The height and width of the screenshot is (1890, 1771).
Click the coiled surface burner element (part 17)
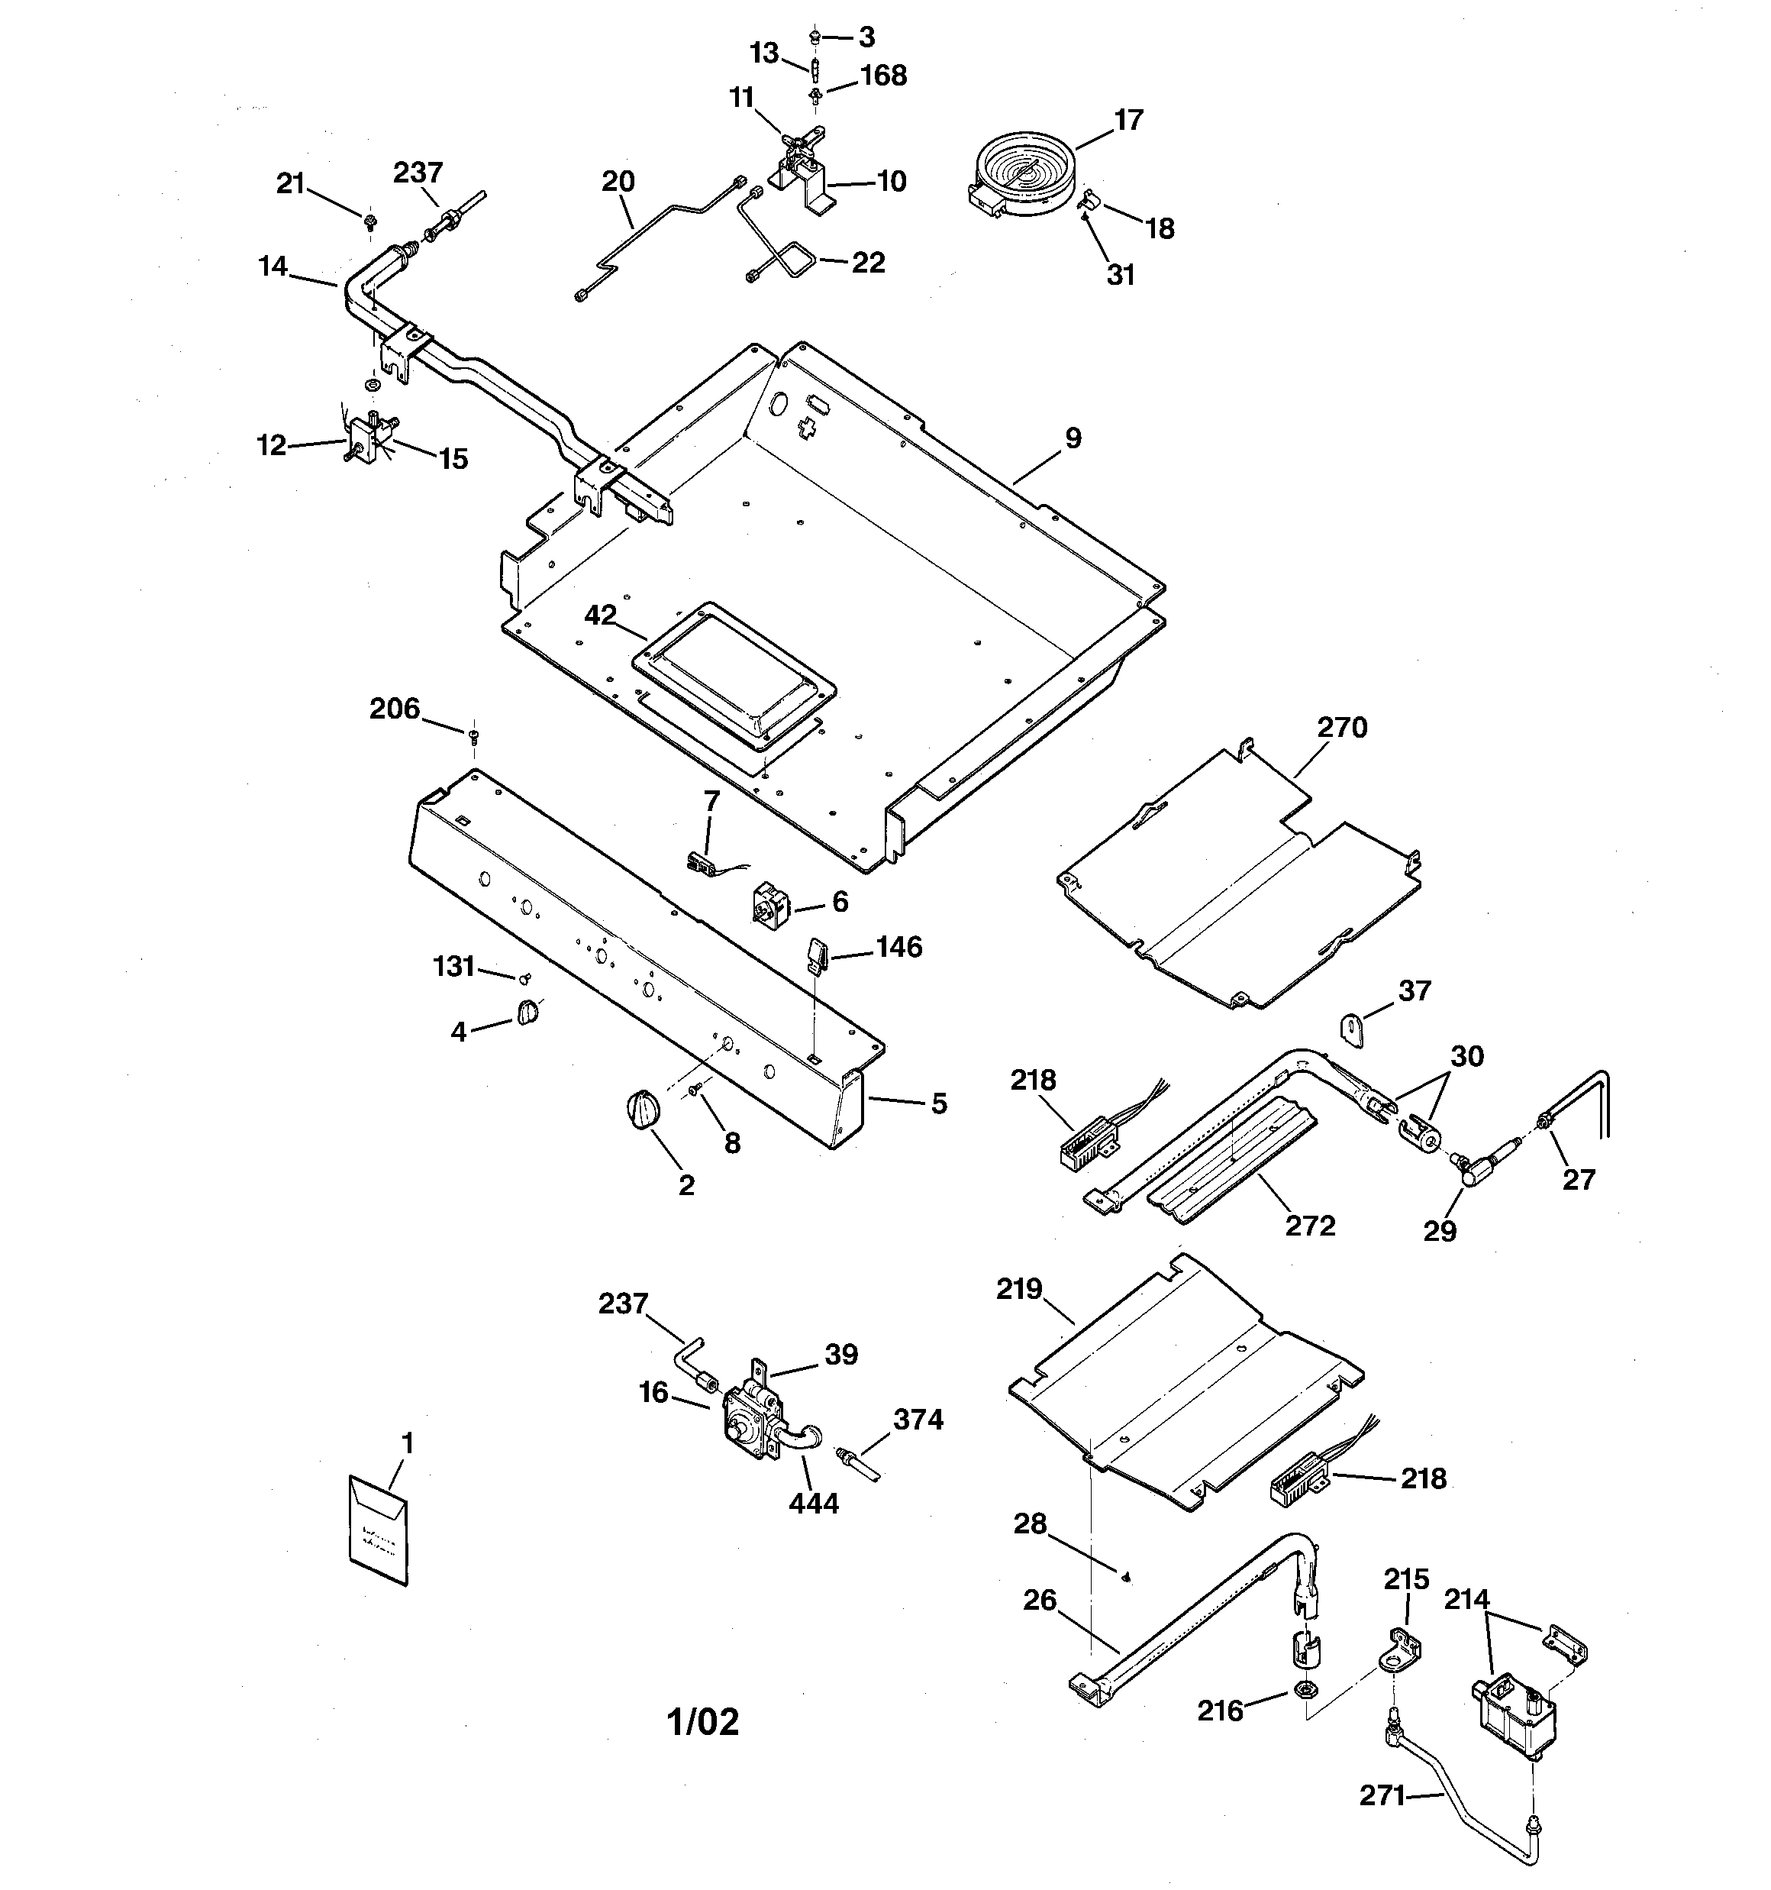click(x=1024, y=171)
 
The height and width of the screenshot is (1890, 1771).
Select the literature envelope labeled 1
click(x=379, y=1530)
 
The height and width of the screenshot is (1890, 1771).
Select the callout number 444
click(x=814, y=1503)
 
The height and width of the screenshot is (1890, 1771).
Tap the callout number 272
click(x=1310, y=1226)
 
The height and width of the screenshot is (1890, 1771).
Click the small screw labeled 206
click(x=473, y=734)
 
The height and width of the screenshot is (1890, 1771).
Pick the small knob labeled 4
click(x=527, y=1013)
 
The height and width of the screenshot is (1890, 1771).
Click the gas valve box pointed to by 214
click(x=1515, y=1717)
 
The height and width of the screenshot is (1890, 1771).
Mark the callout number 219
click(x=1020, y=1290)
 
